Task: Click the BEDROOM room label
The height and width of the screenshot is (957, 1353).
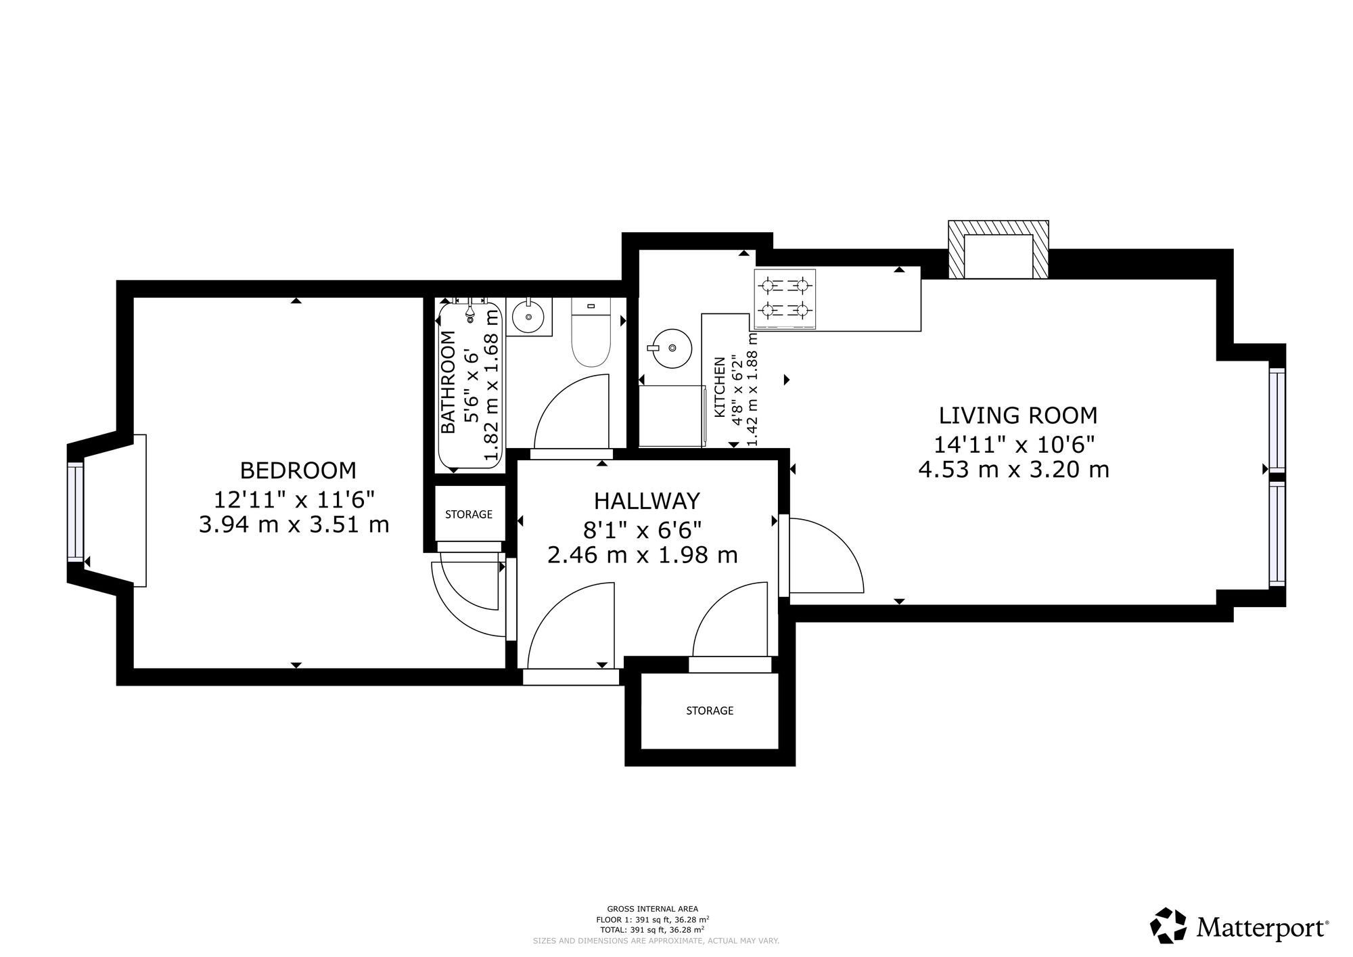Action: [298, 470]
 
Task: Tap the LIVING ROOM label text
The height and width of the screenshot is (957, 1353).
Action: [1018, 414]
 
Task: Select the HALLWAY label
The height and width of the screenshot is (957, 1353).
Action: [647, 501]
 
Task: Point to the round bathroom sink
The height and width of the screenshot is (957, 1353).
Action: [528, 316]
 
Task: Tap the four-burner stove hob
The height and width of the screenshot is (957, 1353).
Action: [785, 299]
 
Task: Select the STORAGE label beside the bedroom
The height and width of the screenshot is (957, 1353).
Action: [469, 514]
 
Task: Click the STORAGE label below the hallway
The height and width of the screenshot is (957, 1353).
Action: [710, 711]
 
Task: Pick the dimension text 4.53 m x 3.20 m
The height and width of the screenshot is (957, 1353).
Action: [1014, 469]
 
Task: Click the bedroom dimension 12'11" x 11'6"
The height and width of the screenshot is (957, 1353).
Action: [294, 499]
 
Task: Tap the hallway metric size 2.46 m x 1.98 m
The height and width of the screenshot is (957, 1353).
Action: [642, 555]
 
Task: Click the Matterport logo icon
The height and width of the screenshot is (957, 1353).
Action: [1168, 926]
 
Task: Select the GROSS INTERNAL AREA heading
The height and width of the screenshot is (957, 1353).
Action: [652, 909]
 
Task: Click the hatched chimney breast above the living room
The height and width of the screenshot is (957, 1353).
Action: [999, 249]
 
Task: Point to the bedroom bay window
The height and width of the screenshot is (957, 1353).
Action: [75, 512]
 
